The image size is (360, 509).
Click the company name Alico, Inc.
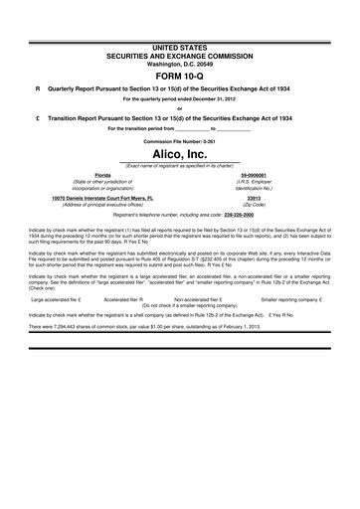[180, 155]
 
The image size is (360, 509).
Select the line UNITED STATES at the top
[180, 47]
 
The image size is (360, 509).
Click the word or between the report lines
[180, 108]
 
